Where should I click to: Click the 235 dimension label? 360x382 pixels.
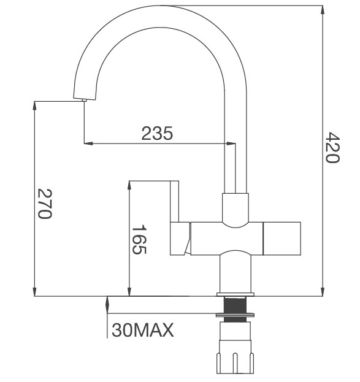coord(158,132)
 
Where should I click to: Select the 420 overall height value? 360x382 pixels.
coord(331,148)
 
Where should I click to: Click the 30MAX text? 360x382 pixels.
coord(142,331)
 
